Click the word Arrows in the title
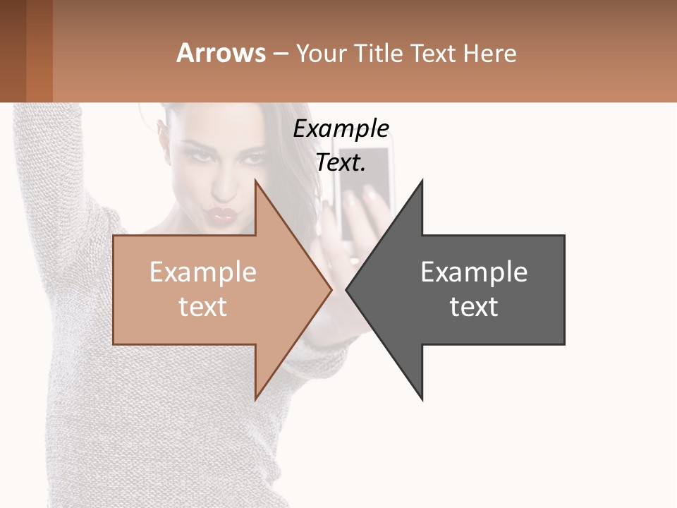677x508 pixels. [221, 53]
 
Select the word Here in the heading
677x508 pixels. [489, 53]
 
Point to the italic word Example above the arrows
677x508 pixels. [341, 129]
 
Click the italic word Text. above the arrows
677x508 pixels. [341, 163]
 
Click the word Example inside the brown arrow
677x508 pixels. [202, 272]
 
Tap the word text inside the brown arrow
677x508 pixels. [202, 307]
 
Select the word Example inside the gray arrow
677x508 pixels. [474, 272]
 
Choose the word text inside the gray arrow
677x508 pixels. [474, 307]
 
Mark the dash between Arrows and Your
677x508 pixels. [280, 54]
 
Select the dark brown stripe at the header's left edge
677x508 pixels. [13, 51]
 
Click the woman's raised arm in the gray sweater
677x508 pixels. [49, 162]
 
